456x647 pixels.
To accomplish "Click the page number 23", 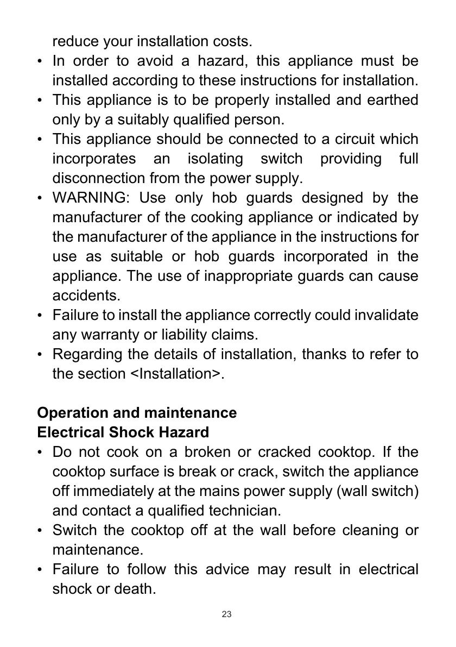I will [227, 614].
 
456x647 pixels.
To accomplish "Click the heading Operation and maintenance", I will [137, 413].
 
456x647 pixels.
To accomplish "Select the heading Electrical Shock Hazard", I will [123, 432].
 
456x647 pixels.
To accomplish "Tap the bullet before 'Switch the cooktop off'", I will [41, 530].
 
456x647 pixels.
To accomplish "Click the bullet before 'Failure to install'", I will [41, 315].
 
